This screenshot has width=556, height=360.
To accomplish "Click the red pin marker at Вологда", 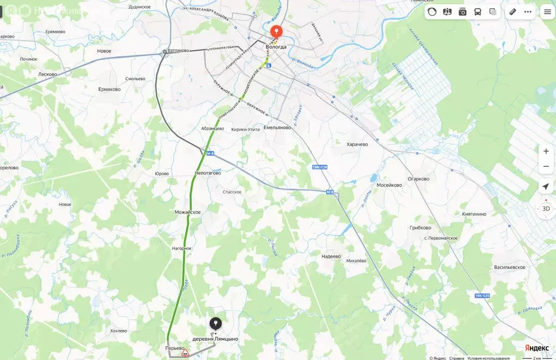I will click(276, 32).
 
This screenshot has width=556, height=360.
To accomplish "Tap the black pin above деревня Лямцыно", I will click(216, 324).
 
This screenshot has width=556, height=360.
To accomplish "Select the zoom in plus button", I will click(546, 151).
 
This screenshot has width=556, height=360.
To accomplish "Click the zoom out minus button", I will click(546, 166).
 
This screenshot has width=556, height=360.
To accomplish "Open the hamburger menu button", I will click(547, 12).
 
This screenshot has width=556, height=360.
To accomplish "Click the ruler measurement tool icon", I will click(513, 12).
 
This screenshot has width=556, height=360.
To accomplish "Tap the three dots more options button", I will click(528, 12).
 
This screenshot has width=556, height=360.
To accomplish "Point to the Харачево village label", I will click(357, 144).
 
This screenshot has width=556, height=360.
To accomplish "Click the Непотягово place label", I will click(208, 173).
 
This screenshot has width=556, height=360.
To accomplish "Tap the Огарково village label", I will click(418, 179).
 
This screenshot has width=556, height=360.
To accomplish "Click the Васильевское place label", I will click(509, 268).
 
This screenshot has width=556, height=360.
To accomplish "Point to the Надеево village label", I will click(331, 256).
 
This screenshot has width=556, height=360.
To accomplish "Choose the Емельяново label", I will click(277, 128).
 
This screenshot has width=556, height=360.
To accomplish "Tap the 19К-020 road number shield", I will click(482, 296).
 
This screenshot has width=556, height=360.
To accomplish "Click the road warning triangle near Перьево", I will click(185, 353).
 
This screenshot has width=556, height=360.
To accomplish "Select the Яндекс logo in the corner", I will click(536, 348).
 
